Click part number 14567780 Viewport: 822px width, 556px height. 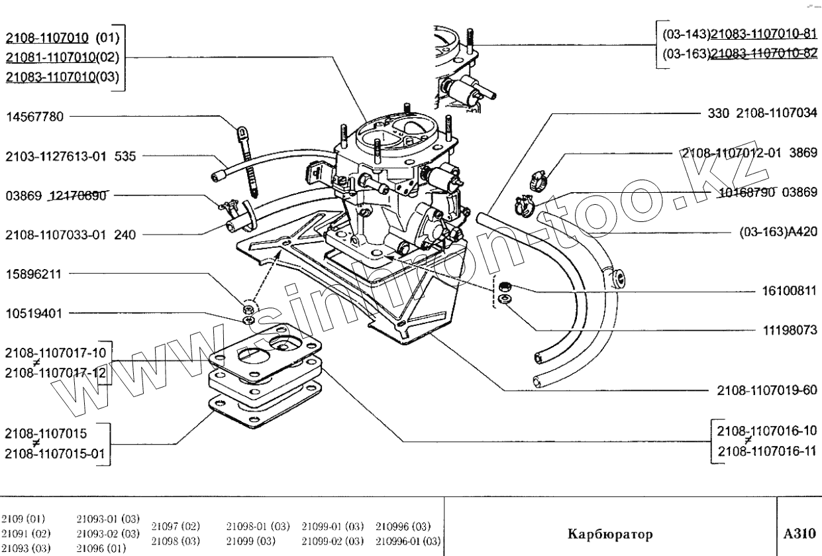click(34, 117)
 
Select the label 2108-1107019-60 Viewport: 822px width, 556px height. click(767, 390)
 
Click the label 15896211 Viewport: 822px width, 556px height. click(34, 273)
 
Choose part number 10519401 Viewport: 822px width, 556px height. click(34, 312)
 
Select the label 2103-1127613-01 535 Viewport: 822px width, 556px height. click(70, 157)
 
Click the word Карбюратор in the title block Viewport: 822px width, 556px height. click(610, 533)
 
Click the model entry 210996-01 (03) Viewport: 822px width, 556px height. click(409, 541)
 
